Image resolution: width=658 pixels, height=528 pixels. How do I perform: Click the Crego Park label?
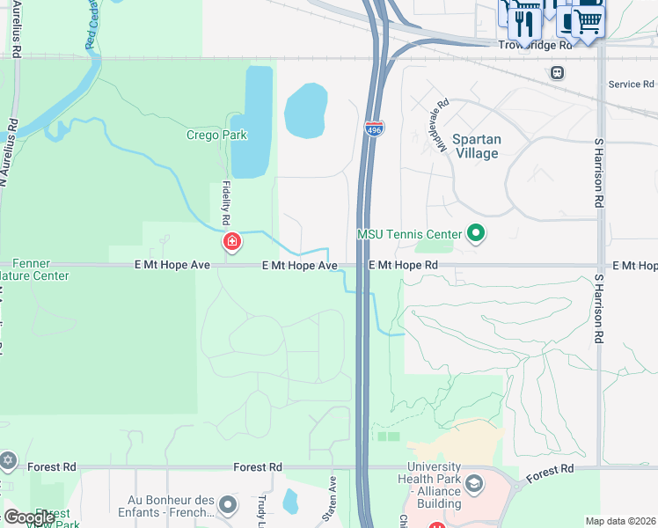(x=216, y=136)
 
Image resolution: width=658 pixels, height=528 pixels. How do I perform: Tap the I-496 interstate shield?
(x=374, y=128)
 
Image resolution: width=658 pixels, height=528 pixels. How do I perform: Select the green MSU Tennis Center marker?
(x=477, y=234)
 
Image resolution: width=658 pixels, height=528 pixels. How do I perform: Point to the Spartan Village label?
(x=476, y=146)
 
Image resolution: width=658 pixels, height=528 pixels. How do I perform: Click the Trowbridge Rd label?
(x=535, y=44)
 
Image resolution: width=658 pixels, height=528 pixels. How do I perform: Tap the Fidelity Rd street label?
(x=226, y=202)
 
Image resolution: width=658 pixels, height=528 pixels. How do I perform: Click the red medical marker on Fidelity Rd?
(x=232, y=241)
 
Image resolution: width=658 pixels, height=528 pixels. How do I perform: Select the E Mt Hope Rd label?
(x=403, y=265)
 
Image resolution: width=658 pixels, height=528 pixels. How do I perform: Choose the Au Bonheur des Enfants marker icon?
(x=228, y=505)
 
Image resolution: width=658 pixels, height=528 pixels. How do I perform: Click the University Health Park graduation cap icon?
(x=474, y=485)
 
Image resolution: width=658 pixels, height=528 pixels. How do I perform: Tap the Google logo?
(x=29, y=517)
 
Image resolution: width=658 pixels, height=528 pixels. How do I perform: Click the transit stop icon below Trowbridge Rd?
(x=557, y=72)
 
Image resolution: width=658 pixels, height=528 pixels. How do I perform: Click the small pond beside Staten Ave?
(x=291, y=501)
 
